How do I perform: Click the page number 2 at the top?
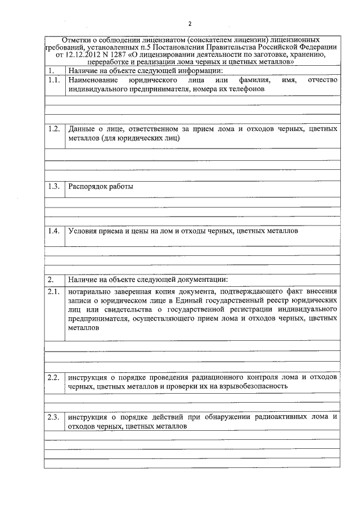click(x=190, y=24)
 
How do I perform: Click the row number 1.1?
click(x=54, y=80)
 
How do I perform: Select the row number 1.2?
click(x=54, y=129)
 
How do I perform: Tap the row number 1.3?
click(x=54, y=186)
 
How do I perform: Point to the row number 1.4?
click(x=54, y=231)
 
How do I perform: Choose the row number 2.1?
click(x=54, y=291)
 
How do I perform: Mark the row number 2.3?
click(x=54, y=417)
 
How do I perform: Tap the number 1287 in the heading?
click(x=119, y=56)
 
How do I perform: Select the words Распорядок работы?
click(x=101, y=186)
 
